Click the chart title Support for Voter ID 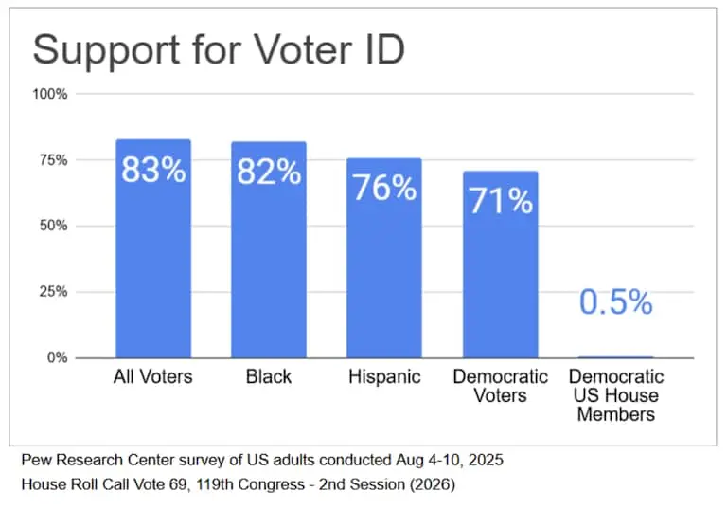pos(219,49)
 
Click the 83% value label pos(153,172)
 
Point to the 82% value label pos(269,173)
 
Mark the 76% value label pos(384,188)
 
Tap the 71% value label pos(500,201)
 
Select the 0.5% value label pos(615,302)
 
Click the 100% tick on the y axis pos(50,94)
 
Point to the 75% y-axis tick pos(53,160)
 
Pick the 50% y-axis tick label pos(53,226)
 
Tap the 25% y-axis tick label pos(53,292)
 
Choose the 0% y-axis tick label pos(57,357)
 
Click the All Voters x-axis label pos(152,377)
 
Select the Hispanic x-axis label pos(383,377)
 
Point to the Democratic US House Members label pos(615,395)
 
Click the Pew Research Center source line pos(261,461)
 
